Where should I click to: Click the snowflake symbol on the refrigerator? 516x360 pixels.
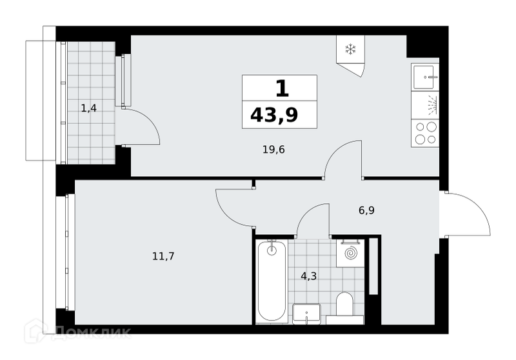pyautogui.click(x=350, y=50)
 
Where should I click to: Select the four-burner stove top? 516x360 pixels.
pyautogui.click(x=425, y=133)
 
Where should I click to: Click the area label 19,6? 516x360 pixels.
pyautogui.click(x=273, y=150)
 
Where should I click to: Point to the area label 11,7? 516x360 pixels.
pyautogui.click(x=163, y=256)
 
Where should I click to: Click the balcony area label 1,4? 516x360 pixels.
pyautogui.click(x=89, y=108)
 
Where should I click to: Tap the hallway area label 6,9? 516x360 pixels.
pyautogui.click(x=366, y=210)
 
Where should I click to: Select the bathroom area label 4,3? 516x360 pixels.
pyautogui.click(x=309, y=276)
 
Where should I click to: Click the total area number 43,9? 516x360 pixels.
pyautogui.click(x=274, y=115)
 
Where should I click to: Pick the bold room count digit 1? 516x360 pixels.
pyautogui.click(x=282, y=88)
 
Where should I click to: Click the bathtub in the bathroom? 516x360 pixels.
pyautogui.click(x=272, y=281)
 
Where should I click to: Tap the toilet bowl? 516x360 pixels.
pyautogui.click(x=344, y=303)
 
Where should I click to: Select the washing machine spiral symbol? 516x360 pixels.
pyautogui.click(x=350, y=254)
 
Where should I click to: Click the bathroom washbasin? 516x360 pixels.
pyautogui.click(x=306, y=314)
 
